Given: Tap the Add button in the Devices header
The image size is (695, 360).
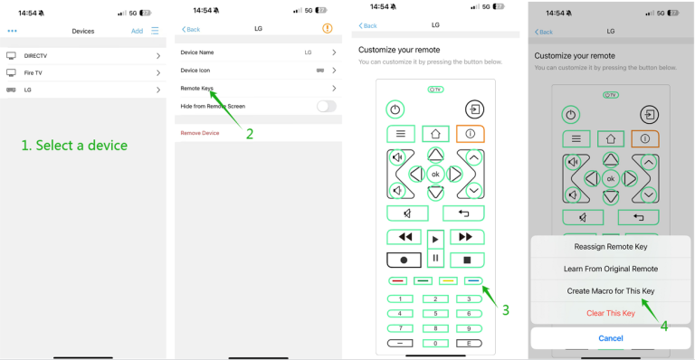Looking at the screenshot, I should [137, 31].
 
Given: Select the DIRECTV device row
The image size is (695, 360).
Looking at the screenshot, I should [81, 56].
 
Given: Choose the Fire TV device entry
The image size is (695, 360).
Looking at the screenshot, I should [81, 73].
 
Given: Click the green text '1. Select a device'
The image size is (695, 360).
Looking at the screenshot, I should [74, 145].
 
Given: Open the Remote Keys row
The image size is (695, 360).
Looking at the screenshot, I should [258, 88].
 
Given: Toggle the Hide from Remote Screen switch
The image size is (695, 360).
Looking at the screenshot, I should [326, 106].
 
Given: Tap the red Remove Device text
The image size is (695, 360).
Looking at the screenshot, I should [200, 133].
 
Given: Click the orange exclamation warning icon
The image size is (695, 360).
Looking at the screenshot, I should [327, 29].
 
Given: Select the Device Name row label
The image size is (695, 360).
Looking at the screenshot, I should [197, 52].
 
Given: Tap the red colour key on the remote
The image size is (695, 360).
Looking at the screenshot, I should [399, 280].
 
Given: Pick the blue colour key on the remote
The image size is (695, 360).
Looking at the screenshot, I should [473, 280].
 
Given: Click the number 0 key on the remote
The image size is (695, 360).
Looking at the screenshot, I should [436, 344].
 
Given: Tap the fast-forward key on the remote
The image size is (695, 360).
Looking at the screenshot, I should [466, 237].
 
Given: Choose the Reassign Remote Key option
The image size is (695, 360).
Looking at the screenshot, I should [611, 247].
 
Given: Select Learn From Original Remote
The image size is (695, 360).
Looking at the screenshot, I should [611, 269].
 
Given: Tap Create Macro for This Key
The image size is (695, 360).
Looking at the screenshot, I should [611, 291].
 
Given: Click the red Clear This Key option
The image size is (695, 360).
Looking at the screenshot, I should [611, 313].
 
